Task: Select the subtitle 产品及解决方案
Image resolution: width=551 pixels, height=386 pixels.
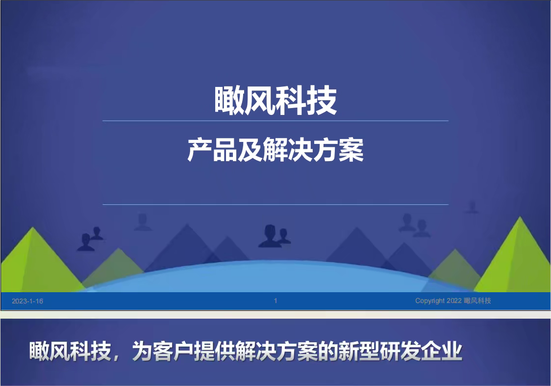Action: [x=275, y=150]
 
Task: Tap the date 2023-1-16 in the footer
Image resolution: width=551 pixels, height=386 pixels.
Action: [x=27, y=301]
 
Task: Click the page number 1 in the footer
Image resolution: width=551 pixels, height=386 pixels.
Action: [x=275, y=301]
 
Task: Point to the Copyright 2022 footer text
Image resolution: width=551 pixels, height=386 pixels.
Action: [x=453, y=301]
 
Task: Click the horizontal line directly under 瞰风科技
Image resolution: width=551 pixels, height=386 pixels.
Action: [x=275, y=121]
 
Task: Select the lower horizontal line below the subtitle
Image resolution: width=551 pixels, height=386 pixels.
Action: [x=275, y=204]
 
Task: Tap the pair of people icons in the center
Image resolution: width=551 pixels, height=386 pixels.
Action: [x=275, y=236]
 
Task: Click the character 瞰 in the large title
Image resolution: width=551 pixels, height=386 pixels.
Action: [x=229, y=101]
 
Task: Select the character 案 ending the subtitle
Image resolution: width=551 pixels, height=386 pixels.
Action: [x=351, y=150]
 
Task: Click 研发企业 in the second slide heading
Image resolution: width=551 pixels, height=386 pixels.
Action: [x=421, y=351]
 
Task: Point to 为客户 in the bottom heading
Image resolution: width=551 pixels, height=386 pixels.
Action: [x=163, y=351]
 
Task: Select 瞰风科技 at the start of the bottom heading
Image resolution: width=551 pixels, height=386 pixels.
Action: [x=70, y=351]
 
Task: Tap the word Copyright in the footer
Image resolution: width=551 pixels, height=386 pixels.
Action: [x=430, y=301]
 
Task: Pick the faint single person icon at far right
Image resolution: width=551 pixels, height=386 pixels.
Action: [x=472, y=207]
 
